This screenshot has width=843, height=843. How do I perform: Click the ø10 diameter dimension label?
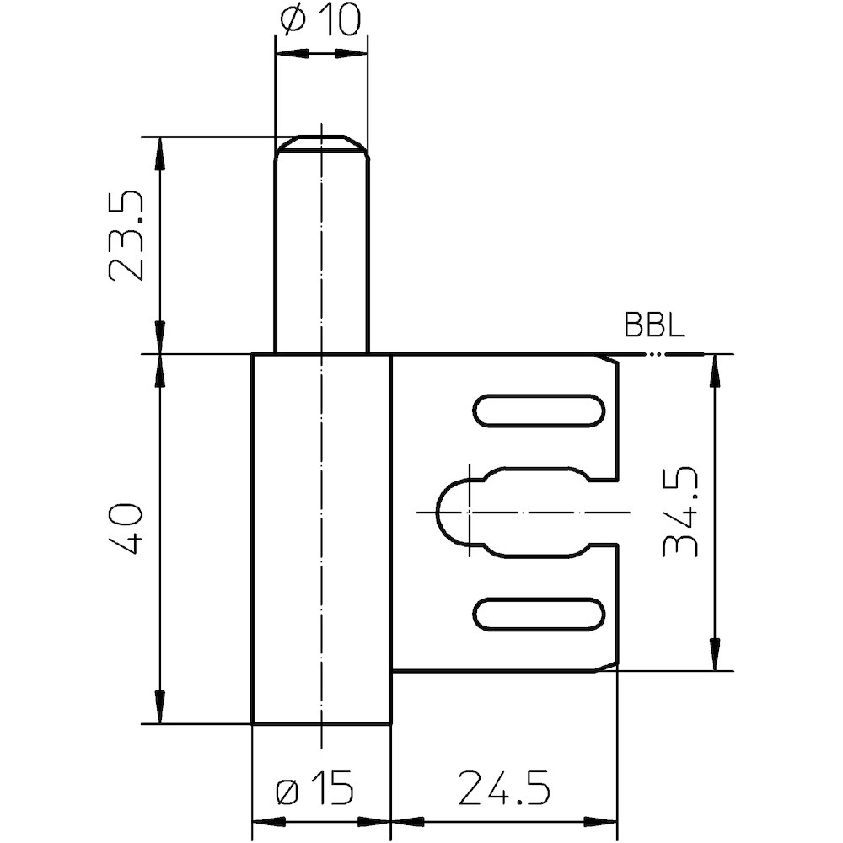click(320, 21)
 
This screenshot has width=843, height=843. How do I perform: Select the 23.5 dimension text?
click(126, 236)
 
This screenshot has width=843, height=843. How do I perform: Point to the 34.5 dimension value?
click(679, 512)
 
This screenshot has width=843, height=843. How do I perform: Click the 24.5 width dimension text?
click(504, 788)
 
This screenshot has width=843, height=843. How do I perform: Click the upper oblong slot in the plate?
click(539, 411)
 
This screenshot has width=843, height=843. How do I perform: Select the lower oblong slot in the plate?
click(539, 614)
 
